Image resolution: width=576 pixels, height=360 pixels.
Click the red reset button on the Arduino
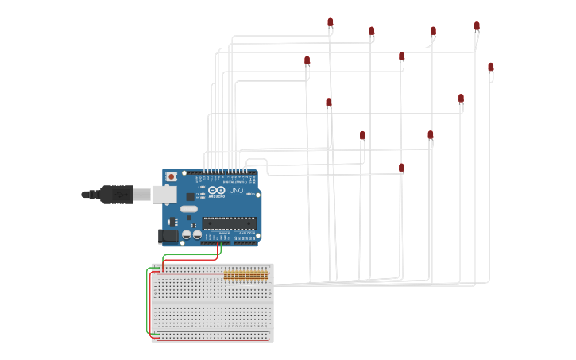click(171, 176)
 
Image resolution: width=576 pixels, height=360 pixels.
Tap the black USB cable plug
click(116, 194)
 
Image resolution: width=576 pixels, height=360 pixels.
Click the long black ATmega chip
click(229, 223)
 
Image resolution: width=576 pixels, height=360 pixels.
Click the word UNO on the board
click(236, 191)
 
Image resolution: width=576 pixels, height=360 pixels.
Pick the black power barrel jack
click(168, 235)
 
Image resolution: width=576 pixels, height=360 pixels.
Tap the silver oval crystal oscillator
click(188, 210)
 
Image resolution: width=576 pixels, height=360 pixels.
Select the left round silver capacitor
click(187, 234)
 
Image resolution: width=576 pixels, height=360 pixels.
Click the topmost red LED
click(331, 22)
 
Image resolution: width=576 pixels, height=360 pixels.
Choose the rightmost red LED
click(491, 67)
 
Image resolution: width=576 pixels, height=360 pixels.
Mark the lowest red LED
click(401, 168)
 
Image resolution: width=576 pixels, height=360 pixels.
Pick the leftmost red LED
click(307, 60)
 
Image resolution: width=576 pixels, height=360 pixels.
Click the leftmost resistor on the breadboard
click(226, 275)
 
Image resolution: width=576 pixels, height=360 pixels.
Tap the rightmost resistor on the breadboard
click(266, 275)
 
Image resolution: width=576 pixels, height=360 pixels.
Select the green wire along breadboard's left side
click(147, 302)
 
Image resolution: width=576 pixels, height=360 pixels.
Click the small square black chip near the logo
click(190, 196)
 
